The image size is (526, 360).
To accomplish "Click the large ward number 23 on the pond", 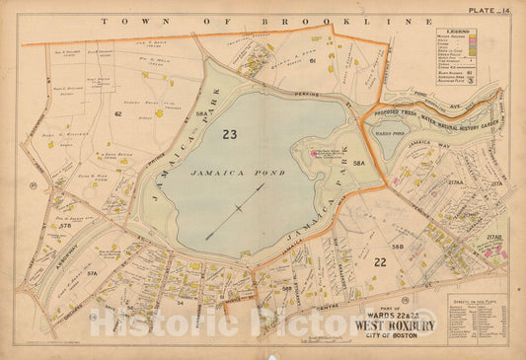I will pyautogui.click(x=231, y=135).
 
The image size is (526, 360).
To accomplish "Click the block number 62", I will pyautogui.click(x=116, y=115).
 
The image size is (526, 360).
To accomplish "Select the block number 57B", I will pyautogui.click(x=66, y=228).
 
